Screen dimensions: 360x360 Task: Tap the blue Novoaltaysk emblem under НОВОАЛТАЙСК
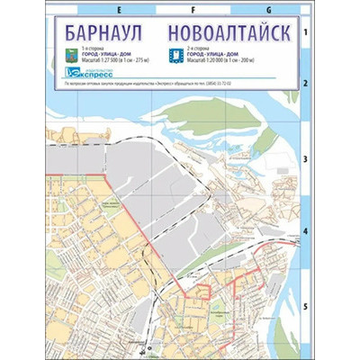click(175, 56)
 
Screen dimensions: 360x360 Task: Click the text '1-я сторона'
click(92, 49)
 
